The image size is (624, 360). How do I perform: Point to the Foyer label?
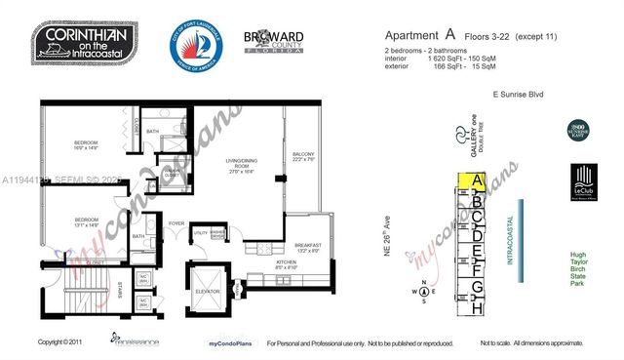pos(176,222)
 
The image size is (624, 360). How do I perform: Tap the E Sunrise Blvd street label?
pos(515,95)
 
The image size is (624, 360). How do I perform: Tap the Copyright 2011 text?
pos(60,342)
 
